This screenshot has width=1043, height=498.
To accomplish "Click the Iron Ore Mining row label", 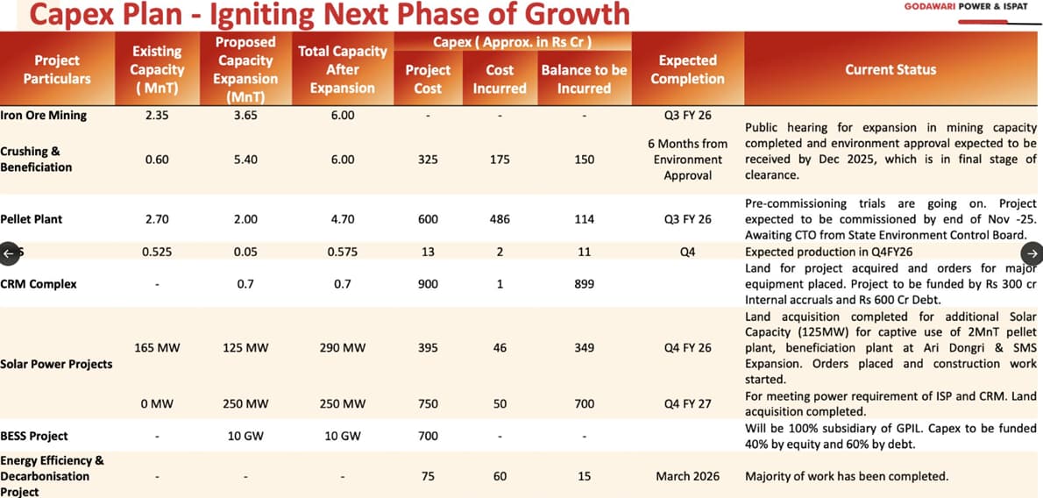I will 44,115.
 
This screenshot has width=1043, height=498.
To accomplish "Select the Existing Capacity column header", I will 157,69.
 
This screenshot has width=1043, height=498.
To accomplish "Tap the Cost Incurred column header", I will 500,79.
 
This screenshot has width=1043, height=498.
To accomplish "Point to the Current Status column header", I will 890,69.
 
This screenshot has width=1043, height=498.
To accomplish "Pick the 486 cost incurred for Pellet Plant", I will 500,219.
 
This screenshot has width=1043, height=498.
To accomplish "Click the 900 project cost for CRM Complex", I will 428,284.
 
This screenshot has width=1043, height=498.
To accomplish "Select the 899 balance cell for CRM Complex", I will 584,284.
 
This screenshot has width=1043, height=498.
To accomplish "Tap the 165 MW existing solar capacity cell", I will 157,348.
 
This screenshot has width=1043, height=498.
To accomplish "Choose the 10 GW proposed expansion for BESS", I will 245,436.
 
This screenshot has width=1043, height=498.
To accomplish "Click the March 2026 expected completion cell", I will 687,476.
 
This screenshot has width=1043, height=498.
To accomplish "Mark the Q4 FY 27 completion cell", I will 687,404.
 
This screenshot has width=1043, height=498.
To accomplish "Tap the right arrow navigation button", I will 1032,253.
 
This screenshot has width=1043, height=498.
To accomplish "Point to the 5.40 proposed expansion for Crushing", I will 245,160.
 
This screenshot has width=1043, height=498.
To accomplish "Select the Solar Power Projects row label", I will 56,364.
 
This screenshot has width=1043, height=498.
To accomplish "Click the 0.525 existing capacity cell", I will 157,252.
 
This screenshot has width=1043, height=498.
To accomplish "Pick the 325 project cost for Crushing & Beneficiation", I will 428,160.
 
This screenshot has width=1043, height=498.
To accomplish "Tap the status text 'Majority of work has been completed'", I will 846,476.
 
